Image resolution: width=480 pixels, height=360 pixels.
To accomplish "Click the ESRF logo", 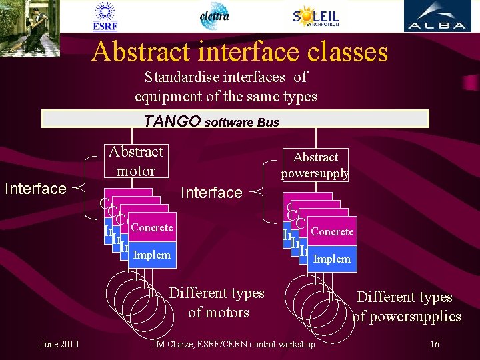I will click(x=105, y=17).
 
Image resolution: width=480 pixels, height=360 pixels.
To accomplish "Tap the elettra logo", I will click(x=215, y=16).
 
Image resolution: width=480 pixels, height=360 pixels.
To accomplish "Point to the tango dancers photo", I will click(x=30, y=28).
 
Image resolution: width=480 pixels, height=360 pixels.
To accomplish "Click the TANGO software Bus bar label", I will click(x=212, y=121).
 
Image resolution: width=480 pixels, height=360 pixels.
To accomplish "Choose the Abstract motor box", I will click(x=135, y=161).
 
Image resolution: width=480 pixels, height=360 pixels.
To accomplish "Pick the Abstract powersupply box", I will click(x=315, y=165).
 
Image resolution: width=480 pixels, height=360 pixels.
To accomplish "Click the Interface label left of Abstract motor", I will click(x=35, y=189).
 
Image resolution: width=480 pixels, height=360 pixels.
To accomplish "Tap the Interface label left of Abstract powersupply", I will click(x=211, y=193).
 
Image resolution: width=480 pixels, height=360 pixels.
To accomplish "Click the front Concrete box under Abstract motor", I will click(x=152, y=228).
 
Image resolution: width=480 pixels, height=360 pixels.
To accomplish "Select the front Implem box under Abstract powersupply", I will click(x=332, y=259).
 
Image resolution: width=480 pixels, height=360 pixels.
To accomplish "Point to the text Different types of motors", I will click(x=217, y=303).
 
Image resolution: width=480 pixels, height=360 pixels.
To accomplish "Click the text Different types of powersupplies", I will click(x=406, y=307).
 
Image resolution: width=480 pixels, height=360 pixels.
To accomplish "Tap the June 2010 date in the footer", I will click(x=59, y=344).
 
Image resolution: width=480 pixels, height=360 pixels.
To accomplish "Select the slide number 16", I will click(x=434, y=344).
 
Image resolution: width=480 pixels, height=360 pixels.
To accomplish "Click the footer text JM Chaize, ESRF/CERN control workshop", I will click(x=233, y=344).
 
